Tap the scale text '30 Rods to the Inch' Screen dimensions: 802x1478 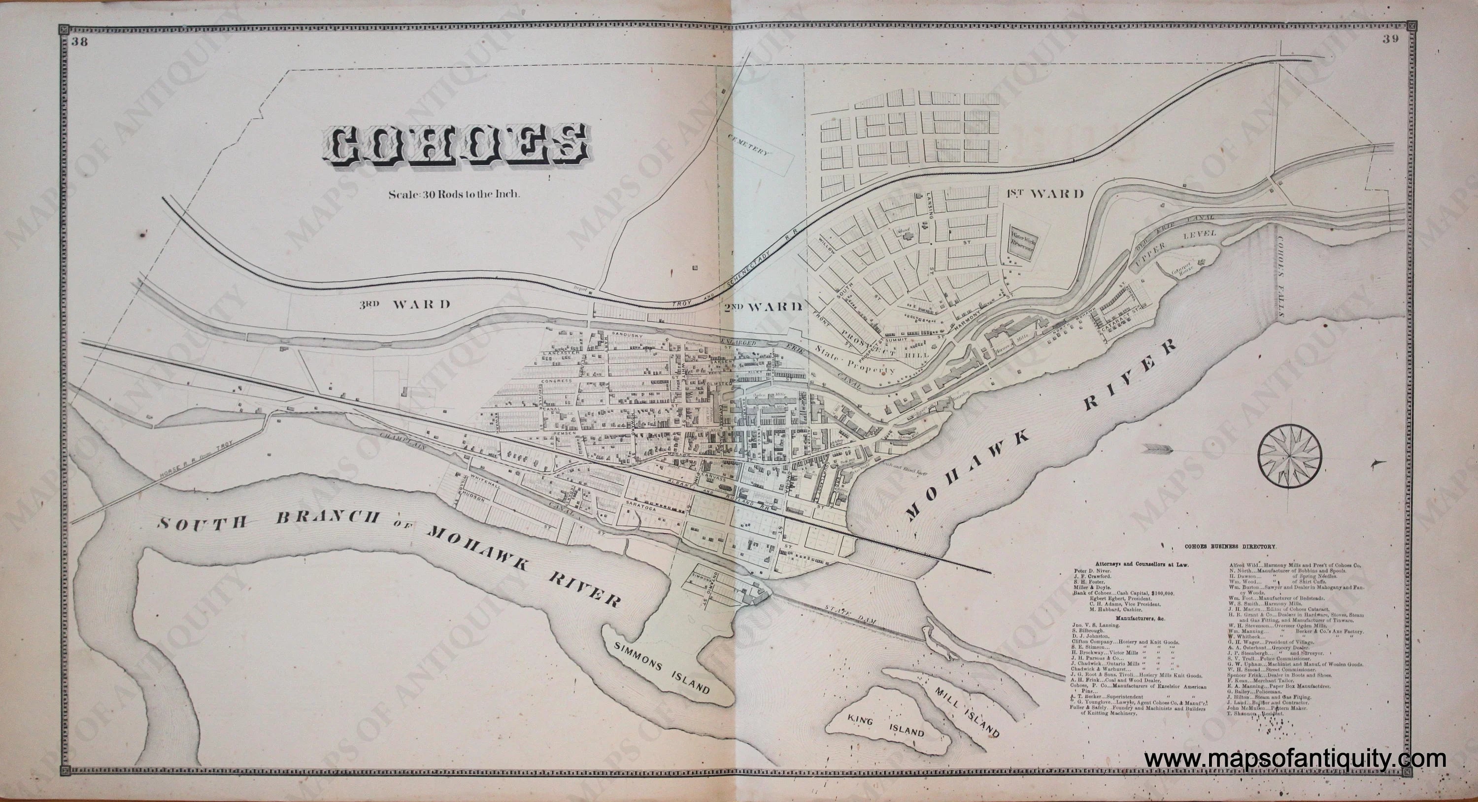coord(454,194)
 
